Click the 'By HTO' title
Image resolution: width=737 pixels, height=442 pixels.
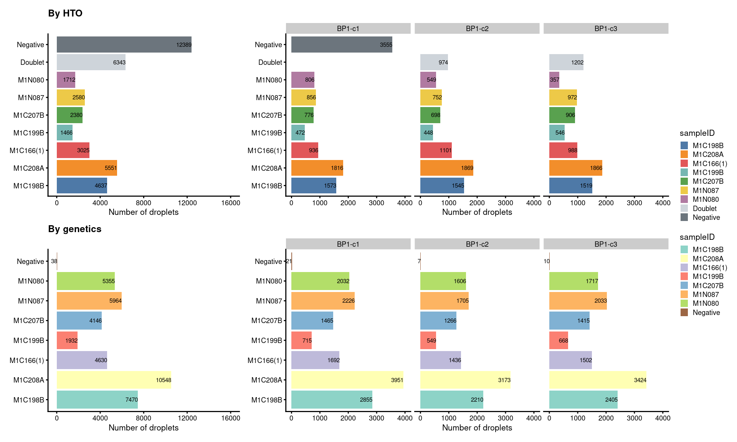point(65,13)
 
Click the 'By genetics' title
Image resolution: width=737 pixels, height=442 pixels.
point(75,229)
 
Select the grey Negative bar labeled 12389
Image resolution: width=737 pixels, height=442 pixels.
point(124,45)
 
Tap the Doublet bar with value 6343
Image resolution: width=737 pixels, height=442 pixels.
point(91,62)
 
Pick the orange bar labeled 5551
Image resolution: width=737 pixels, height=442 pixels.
point(87,168)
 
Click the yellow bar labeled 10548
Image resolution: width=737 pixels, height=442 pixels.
point(114,380)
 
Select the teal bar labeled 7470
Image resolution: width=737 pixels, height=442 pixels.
point(97,400)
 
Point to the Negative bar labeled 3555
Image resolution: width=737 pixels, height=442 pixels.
point(342,45)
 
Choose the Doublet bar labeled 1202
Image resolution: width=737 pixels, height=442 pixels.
point(566,62)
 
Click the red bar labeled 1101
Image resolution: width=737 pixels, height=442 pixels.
point(436,150)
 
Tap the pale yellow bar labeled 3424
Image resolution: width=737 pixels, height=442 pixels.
point(598,380)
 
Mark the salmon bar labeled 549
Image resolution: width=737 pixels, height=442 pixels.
point(428,340)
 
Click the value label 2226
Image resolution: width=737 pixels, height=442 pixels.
point(349,301)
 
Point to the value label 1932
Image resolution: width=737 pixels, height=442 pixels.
point(71,341)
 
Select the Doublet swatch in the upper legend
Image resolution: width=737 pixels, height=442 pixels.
point(684,208)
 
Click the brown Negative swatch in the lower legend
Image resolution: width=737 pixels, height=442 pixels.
point(684,312)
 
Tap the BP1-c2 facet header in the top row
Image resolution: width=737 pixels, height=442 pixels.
point(477,28)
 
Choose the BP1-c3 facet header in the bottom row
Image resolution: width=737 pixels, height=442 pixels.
point(606,244)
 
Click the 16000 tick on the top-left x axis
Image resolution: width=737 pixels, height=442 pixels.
point(230,203)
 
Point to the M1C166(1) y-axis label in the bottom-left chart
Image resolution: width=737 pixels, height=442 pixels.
point(27,360)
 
